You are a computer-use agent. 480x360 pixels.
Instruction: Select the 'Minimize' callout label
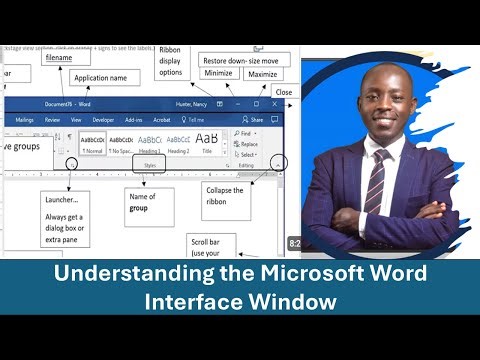pyautogui.click(x=217, y=73)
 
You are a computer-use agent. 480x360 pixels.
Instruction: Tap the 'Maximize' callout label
pyautogui.click(x=261, y=73)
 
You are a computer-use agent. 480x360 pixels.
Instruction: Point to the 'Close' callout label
pyautogui.click(x=283, y=92)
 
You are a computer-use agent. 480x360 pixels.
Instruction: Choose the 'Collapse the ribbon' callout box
pyautogui.click(x=225, y=195)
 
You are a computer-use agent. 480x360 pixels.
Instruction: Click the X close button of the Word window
pyautogui.click(x=277, y=104)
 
